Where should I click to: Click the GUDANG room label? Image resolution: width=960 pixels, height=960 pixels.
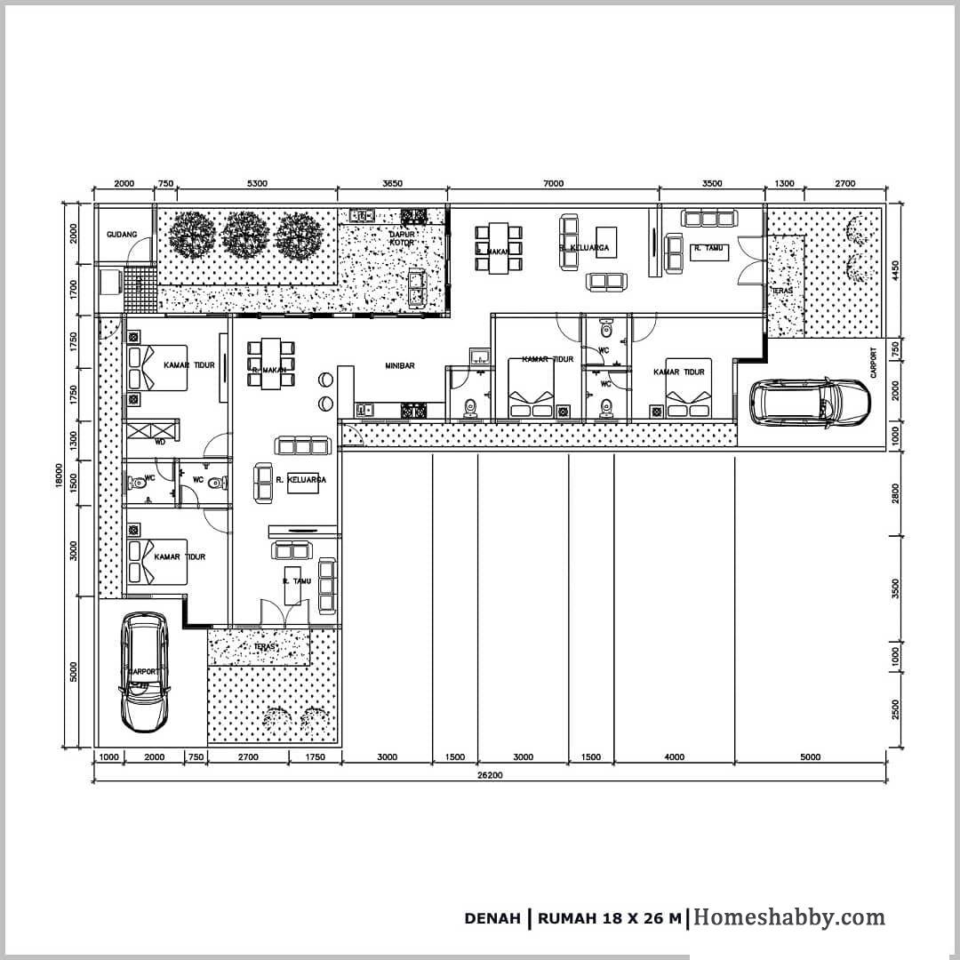122,235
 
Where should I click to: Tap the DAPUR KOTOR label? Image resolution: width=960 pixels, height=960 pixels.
402,238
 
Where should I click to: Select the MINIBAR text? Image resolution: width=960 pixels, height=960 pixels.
400,365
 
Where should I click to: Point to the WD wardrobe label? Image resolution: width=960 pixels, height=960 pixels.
160,441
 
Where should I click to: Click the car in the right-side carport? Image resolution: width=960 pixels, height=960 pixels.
810,401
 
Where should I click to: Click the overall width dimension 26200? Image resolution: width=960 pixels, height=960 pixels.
488,774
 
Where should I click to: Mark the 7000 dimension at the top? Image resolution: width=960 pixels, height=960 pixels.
552,183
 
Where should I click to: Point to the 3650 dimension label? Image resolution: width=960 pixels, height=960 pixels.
392,183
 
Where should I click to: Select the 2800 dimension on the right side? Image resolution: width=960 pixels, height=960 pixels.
895,493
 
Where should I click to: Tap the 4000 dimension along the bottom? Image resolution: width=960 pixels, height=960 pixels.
674,757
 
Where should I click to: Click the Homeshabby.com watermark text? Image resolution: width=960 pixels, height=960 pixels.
789,917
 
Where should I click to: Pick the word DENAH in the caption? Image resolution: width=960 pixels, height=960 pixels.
492,919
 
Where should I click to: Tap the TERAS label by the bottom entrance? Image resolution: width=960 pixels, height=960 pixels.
263,646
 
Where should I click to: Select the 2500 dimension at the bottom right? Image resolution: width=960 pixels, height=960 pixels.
895,710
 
